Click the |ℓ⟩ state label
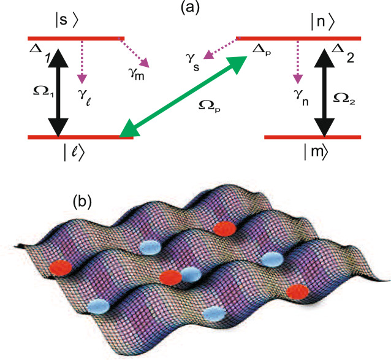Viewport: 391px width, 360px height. [74, 151]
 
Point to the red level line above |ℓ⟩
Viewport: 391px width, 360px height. [80, 137]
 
